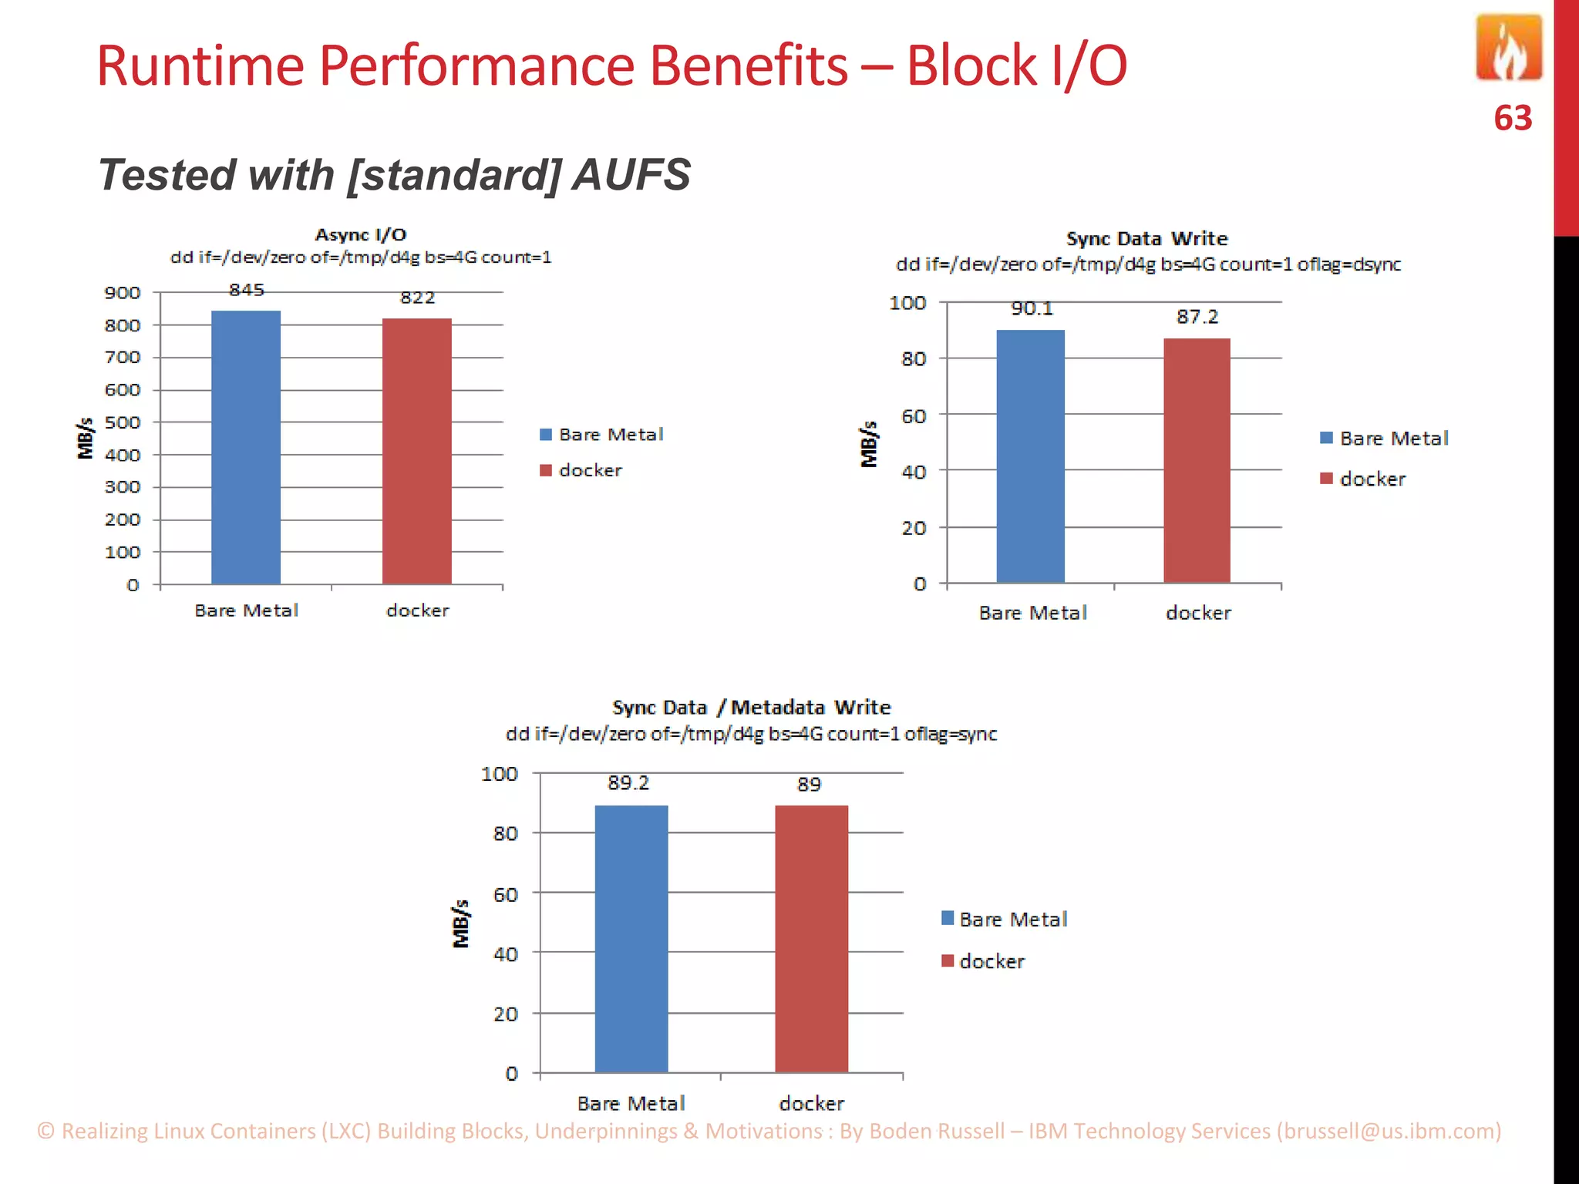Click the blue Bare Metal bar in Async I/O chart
246,447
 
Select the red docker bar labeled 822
417,451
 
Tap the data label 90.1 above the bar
1032,309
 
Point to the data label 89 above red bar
809,785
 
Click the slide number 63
1512,119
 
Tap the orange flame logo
1508,48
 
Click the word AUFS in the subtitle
631,175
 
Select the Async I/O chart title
361,235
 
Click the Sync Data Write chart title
1146,239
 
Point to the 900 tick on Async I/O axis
123,293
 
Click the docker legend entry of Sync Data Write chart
1372,479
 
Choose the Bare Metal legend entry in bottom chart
1012,920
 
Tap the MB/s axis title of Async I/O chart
86,438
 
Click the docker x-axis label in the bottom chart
811,1104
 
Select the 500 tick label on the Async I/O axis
123,422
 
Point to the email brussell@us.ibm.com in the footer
1389,1131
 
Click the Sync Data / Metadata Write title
751,708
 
